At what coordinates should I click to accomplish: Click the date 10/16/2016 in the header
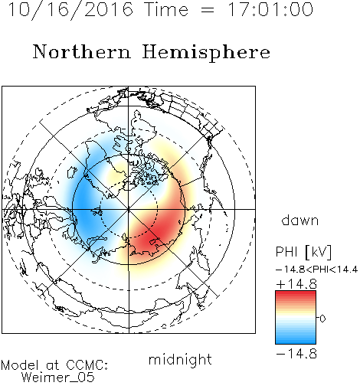(70, 10)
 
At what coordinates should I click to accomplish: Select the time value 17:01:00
(270, 9)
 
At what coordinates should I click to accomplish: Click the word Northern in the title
(82, 51)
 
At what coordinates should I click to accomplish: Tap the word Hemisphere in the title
(206, 52)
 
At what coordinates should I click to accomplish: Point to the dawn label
(300, 221)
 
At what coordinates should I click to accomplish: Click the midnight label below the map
(180, 360)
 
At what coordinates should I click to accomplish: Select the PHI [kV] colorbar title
(303, 252)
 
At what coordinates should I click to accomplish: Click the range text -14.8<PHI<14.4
(316, 270)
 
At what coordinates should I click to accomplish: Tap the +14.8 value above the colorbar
(296, 284)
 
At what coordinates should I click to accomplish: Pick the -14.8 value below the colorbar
(296, 354)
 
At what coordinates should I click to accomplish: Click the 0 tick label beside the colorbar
(322, 319)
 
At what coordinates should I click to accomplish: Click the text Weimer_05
(58, 378)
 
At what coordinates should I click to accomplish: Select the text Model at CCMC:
(54, 365)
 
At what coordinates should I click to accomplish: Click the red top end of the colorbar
(296, 293)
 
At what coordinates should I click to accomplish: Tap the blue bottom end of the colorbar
(296, 342)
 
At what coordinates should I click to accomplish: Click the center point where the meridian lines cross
(129, 209)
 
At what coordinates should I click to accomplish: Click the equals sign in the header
(208, 10)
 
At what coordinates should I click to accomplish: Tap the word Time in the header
(166, 9)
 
